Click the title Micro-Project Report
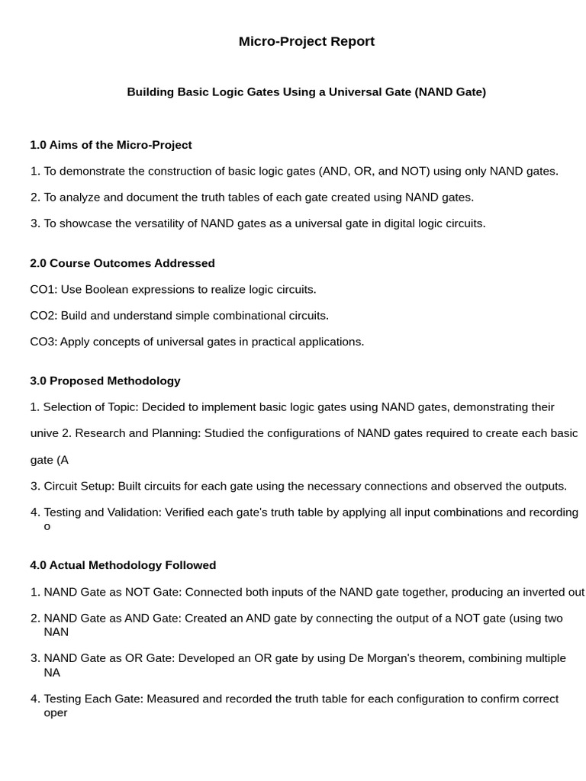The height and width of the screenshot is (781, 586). pyautogui.click(x=306, y=41)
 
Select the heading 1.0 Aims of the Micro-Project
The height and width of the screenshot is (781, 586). pyautogui.click(x=111, y=145)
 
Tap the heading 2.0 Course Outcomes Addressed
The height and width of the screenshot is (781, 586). pyautogui.click(x=122, y=263)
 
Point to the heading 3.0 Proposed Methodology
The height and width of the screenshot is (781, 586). pyautogui.click(x=105, y=381)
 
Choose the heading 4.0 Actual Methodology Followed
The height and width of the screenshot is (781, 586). pyautogui.click(x=123, y=565)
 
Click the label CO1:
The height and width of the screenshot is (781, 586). pyautogui.click(x=43, y=290)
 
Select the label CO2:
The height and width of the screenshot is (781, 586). pyautogui.click(x=43, y=316)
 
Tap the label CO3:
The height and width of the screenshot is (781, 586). pyautogui.click(x=43, y=342)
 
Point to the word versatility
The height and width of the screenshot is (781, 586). pyautogui.click(x=169, y=223)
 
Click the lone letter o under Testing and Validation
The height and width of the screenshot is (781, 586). pyautogui.click(x=47, y=526)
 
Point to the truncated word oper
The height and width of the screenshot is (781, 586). pyautogui.click(x=56, y=713)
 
